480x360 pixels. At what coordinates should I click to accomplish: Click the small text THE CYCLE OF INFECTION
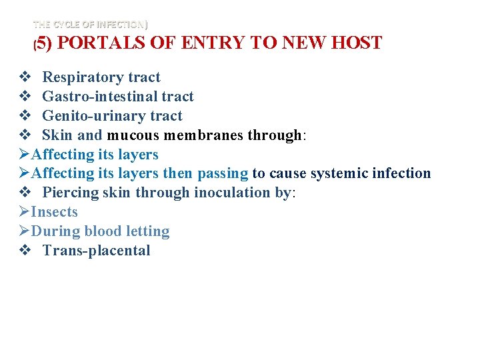click(91, 25)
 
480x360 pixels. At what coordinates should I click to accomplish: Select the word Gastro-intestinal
click(100, 97)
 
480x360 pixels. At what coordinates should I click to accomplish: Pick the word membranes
click(204, 135)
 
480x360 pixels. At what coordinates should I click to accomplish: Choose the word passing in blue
click(223, 173)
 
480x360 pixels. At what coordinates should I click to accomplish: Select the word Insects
click(55, 212)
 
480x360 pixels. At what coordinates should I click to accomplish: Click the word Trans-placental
click(96, 251)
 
